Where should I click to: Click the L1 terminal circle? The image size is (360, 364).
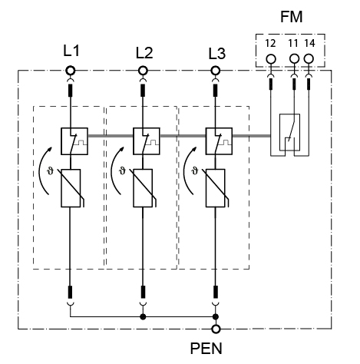tap(71, 71)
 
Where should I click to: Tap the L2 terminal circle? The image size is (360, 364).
tap(143, 71)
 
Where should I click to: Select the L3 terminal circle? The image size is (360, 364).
tap(216, 71)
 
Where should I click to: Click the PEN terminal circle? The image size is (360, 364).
tap(216, 329)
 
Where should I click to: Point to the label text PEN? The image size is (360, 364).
tap(206, 349)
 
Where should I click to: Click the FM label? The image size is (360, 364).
tap(292, 17)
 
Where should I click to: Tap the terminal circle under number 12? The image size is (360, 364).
tap(271, 59)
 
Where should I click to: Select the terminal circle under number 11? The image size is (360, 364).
tap(294, 59)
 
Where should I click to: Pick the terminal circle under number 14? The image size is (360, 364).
tap(309, 59)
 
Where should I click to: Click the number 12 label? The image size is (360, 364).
tap(270, 44)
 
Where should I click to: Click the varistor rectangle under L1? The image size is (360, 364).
tap(71, 188)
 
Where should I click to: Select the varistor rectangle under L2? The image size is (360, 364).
tap(143, 188)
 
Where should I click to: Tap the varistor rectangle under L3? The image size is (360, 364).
tap(216, 188)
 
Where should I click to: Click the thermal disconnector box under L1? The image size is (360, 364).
tap(74, 141)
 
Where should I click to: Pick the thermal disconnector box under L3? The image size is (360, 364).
tap(220, 141)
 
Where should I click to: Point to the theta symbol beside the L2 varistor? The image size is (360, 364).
tap(122, 170)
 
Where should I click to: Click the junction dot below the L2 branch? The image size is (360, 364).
tap(143, 317)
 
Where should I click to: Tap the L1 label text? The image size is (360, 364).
tap(71, 51)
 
